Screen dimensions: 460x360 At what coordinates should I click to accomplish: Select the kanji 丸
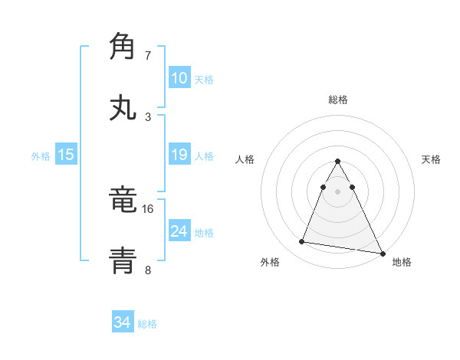(123, 107)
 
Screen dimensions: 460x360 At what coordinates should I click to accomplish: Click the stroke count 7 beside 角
(148, 56)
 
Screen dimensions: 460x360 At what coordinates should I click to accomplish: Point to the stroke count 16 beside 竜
(148, 208)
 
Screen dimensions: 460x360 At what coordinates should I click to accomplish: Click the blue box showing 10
(179, 77)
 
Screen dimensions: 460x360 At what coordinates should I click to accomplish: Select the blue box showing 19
(179, 155)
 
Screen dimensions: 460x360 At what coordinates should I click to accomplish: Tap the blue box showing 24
(179, 231)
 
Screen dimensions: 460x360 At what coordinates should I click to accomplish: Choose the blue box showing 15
(66, 155)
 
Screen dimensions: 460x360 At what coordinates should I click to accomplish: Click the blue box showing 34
(123, 322)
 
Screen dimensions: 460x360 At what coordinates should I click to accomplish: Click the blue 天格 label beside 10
(204, 79)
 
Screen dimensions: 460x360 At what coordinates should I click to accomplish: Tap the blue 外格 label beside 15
(41, 156)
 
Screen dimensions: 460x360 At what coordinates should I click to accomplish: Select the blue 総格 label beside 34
(147, 324)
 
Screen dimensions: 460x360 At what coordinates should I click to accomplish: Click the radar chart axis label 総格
(338, 100)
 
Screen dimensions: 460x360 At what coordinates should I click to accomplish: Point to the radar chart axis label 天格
(432, 159)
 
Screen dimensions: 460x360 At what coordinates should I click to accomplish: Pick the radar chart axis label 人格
(245, 159)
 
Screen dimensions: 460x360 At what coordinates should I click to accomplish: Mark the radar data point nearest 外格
(301, 242)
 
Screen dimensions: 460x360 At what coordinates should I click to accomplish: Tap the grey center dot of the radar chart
(338, 190)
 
